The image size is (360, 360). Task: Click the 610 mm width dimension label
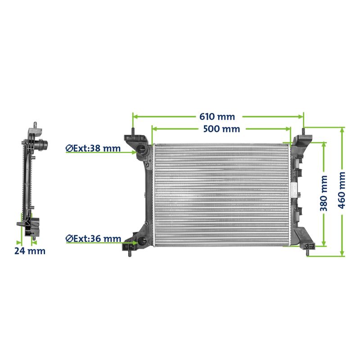(x=217, y=117)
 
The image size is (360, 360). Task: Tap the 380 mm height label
(x=324, y=193)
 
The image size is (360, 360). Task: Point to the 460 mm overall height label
(x=342, y=190)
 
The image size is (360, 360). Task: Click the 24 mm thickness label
(x=30, y=251)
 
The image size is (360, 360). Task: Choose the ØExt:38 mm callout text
(x=93, y=148)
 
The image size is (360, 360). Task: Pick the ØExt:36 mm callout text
(x=93, y=238)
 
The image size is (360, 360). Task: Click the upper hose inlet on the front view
(x=142, y=150)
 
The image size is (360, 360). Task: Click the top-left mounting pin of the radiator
(x=133, y=131)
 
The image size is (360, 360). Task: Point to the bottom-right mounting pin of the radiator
(x=307, y=254)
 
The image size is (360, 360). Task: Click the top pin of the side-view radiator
(x=35, y=124)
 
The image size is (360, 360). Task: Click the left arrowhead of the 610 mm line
(x=134, y=117)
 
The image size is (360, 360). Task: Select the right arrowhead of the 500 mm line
(x=290, y=129)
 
